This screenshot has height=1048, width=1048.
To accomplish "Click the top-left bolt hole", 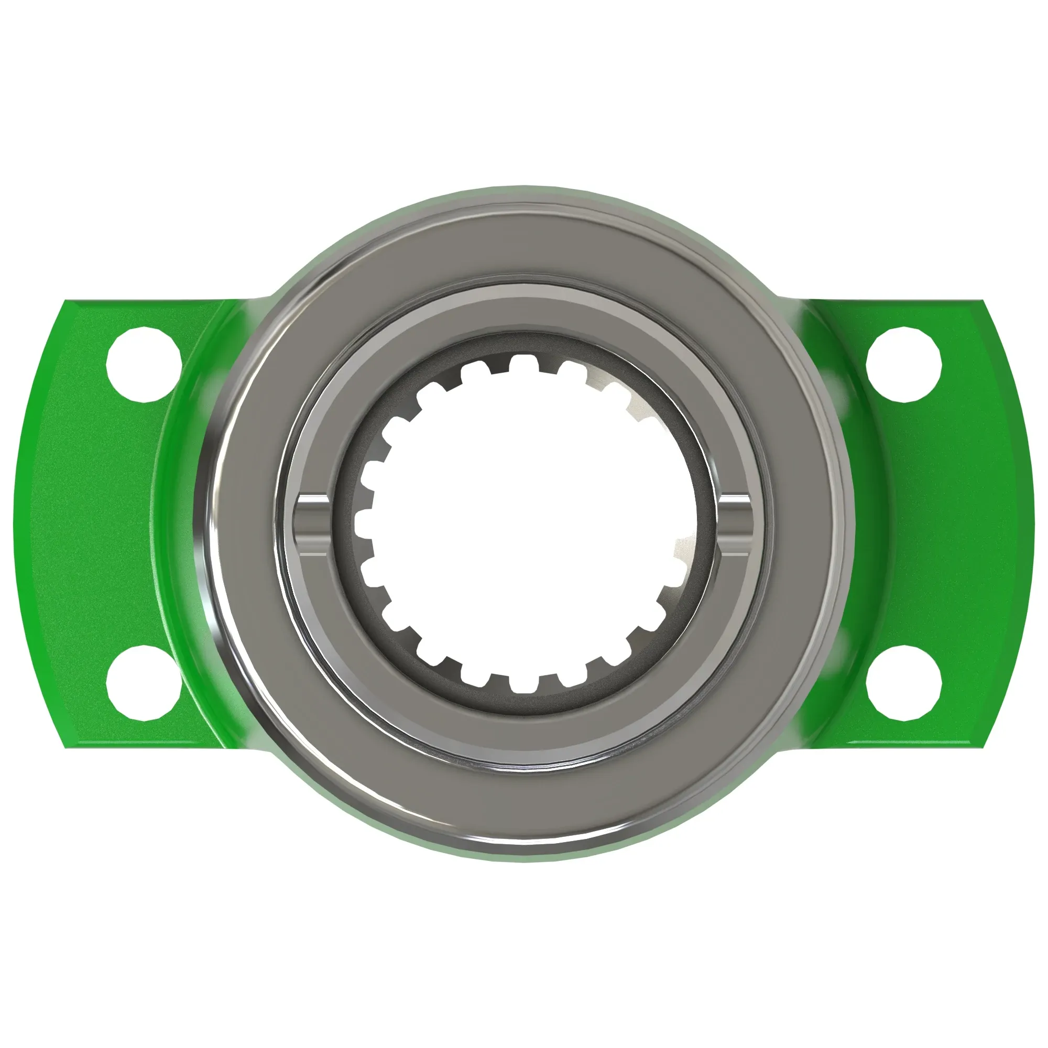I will [144, 365].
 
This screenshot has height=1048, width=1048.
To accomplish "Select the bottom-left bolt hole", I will [144, 683].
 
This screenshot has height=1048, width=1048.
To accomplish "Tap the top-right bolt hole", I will [904, 365].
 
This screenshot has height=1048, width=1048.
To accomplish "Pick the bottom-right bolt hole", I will [904, 683].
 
